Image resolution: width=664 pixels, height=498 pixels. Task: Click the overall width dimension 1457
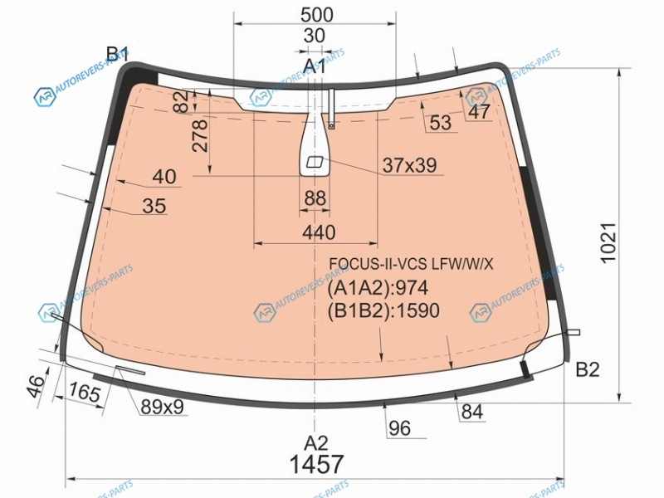(x=316, y=464)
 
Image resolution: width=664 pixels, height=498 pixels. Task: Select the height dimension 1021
(x=608, y=242)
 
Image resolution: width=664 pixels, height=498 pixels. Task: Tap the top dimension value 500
(x=317, y=15)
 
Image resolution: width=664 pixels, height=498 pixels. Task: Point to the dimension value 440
(x=319, y=232)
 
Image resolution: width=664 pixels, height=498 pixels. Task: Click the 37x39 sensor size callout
(x=409, y=165)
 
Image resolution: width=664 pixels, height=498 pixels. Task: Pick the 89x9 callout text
(x=162, y=408)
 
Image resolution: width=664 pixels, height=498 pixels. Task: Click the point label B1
(x=117, y=55)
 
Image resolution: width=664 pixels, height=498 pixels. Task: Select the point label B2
(x=588, y=369)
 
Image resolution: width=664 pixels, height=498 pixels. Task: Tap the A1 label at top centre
(x=315, y=66)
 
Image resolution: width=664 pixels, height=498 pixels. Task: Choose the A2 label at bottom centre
(x=316, y=443)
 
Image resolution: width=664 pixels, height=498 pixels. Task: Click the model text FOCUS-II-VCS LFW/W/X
(x=411, y=264)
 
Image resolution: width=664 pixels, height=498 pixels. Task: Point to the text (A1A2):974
(x=378, y=288)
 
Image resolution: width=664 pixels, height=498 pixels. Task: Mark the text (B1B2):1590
(x=383, y=310)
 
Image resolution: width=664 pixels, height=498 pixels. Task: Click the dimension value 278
(x=200, y=135)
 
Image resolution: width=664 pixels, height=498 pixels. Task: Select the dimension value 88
(x=315, y=198)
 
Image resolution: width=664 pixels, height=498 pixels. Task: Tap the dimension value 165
(x=85, y=392)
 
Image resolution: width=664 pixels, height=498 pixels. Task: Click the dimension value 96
(x=399, y=428)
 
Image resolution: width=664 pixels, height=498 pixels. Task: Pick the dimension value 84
(x=472, y=412)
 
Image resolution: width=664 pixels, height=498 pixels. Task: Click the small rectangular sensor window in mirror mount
(x=315, y=162)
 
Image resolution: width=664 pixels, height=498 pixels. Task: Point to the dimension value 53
(x=441, y=123)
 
